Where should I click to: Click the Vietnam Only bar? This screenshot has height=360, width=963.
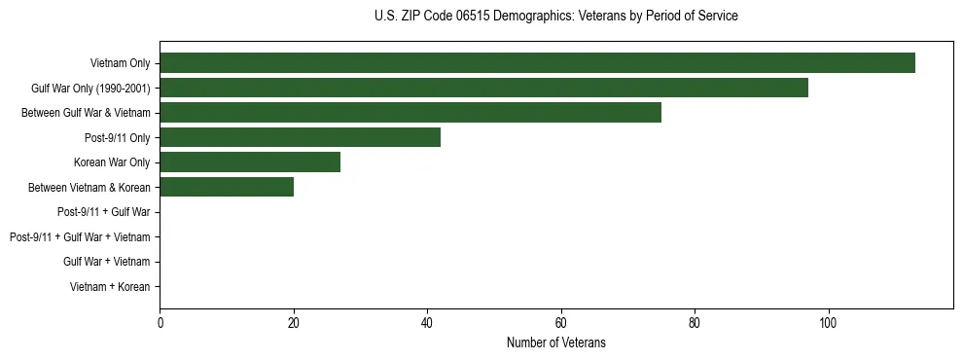[537, 62]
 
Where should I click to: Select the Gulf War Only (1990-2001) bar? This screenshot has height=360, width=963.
[483, 88]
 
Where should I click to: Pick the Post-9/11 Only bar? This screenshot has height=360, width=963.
[300, 137]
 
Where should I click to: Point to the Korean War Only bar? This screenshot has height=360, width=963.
[250, 162]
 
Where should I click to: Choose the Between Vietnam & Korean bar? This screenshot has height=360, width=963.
[227, 187]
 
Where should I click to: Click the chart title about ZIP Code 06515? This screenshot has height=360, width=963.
[555, 17]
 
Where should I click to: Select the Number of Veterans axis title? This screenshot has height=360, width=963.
[555, 342]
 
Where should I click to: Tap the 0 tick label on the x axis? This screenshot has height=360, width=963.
[160, 323]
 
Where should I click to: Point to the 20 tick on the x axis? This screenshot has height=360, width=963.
[294, 323]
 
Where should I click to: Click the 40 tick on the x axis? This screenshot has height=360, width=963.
[427, 323]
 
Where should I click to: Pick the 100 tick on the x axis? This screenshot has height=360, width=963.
[828, 323]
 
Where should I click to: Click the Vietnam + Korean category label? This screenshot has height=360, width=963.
[110, 287]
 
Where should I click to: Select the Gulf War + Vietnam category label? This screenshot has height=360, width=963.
[107, 262]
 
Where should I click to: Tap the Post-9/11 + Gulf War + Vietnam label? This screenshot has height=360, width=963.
[80, 237]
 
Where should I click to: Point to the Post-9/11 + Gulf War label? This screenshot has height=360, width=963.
[103, 212]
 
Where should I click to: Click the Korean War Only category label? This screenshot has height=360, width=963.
[112, 162]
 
